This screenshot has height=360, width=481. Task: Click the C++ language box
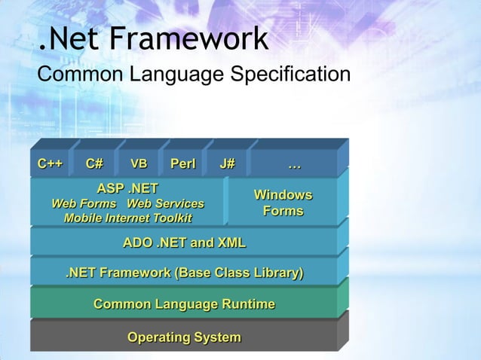coord(51,163)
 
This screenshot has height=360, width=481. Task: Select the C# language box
coord(95,163)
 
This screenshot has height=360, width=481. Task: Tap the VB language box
coord(139,163)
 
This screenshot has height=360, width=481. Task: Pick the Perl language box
coord(183,163)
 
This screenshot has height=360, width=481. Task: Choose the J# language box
coord(227,163)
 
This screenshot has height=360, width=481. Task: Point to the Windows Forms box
coord(283,203)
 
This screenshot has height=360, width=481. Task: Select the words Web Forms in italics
coord(84,204)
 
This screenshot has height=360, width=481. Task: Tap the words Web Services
coord(165,204)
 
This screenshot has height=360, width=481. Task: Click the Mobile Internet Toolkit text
coord(127,218)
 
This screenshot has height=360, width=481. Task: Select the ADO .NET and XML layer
coord(184,243)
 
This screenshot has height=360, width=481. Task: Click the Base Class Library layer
coord(184,273)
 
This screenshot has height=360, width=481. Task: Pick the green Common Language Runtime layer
coord(184,304)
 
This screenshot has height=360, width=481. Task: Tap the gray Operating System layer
coord(184,337)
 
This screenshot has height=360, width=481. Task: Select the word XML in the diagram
coord(231,243)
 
